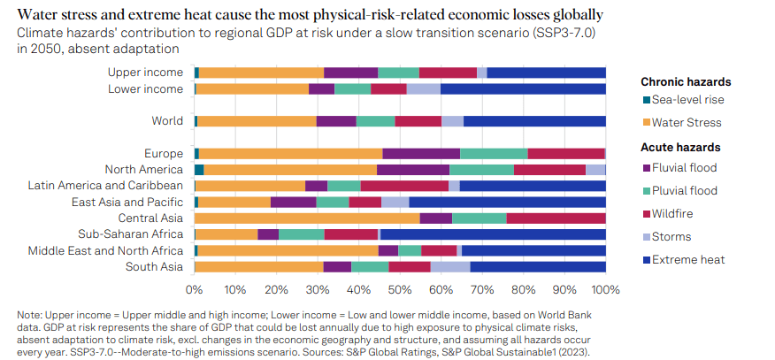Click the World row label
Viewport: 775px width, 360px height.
pyautogui.click(x=167, y=121)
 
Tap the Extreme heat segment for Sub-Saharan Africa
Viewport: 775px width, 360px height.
pyautogui.click(x=493, y=234)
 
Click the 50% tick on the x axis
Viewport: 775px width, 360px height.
pyautogui.click(x=400, y=289)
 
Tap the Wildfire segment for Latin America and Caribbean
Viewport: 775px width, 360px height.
pyautogui.click(x=404, y=186)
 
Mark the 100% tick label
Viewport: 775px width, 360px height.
pyautogui.click(x=606, y=289)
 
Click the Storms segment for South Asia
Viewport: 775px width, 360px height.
pyautogui.click(x=450, y=267)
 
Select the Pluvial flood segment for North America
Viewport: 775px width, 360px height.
pyautogui.click(x=481, y=169)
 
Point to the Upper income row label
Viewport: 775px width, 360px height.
pyautogui.click(x=145, y=73)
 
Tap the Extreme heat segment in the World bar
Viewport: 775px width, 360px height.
pyautogui.click(x=534, y=121)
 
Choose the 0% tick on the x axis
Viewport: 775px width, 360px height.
pyautogui.click(x=195, y=289)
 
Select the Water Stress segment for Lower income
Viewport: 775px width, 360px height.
pyautogui.click(x=252, y=88)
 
